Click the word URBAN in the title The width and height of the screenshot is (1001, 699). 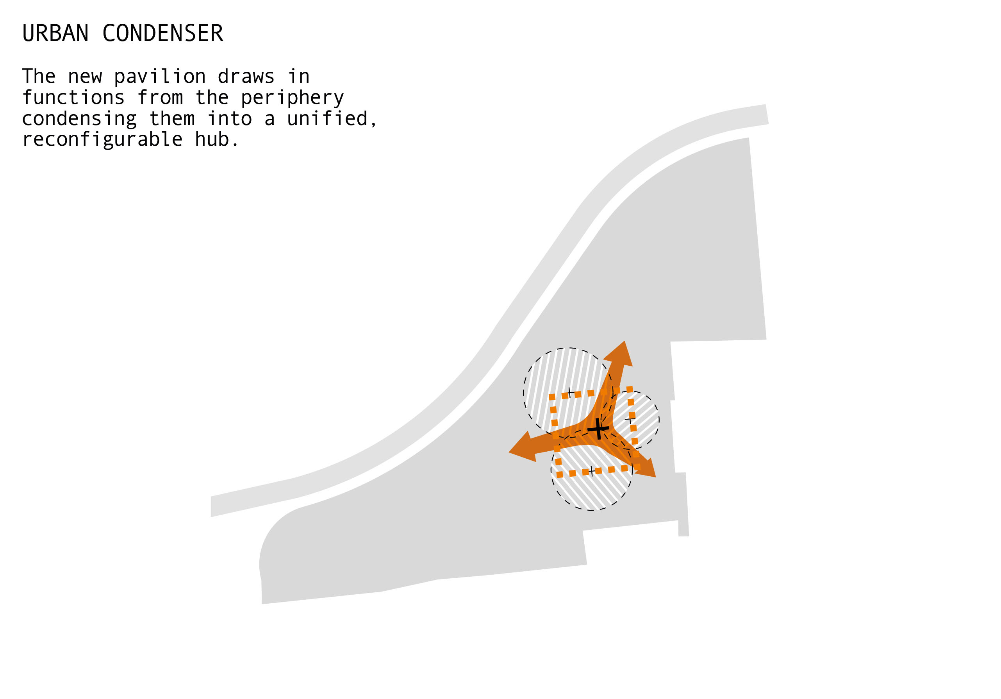(55, 34)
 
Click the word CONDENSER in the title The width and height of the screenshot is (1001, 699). (162, 34)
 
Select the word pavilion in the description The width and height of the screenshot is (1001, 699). (160, 77)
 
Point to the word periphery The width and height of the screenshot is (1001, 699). (292, 98)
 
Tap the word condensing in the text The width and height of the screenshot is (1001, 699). (79, 119)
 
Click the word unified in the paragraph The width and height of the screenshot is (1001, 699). (331, 119)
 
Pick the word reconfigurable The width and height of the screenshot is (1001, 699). (102, 139)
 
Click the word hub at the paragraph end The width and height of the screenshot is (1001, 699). (212, 139)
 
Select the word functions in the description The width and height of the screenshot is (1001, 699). (73, 98)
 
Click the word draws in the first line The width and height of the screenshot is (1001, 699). (246, 77)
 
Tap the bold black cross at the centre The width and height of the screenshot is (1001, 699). (598, 429)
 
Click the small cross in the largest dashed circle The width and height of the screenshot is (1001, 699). (570, 392)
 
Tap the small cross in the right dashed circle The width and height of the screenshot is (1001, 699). (630, 420)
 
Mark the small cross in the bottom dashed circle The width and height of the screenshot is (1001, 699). (592, 471)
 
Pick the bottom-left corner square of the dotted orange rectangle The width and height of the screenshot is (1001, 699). (559, 474)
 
